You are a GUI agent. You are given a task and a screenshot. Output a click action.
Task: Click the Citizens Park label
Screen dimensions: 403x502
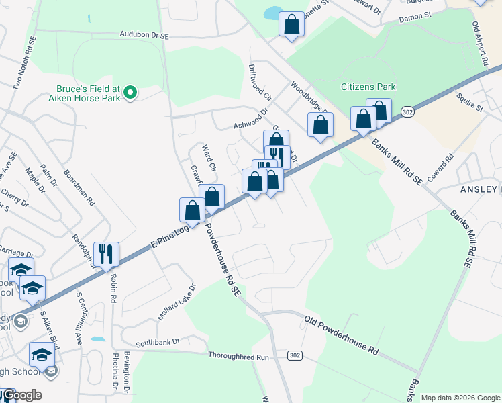tap(368, 87)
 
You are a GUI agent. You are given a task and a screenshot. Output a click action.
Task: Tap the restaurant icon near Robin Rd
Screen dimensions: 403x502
tap(106, 254)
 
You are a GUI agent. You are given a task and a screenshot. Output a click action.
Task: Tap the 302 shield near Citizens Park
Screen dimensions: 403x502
tap(407, 111)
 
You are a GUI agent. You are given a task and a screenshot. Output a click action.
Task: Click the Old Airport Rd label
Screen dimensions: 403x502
tap(479, 44)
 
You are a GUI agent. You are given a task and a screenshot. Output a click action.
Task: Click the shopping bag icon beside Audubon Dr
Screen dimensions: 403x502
tap(291, 24)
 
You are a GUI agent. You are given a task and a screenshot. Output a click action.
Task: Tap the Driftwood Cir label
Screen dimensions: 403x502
tap(258, 79)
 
